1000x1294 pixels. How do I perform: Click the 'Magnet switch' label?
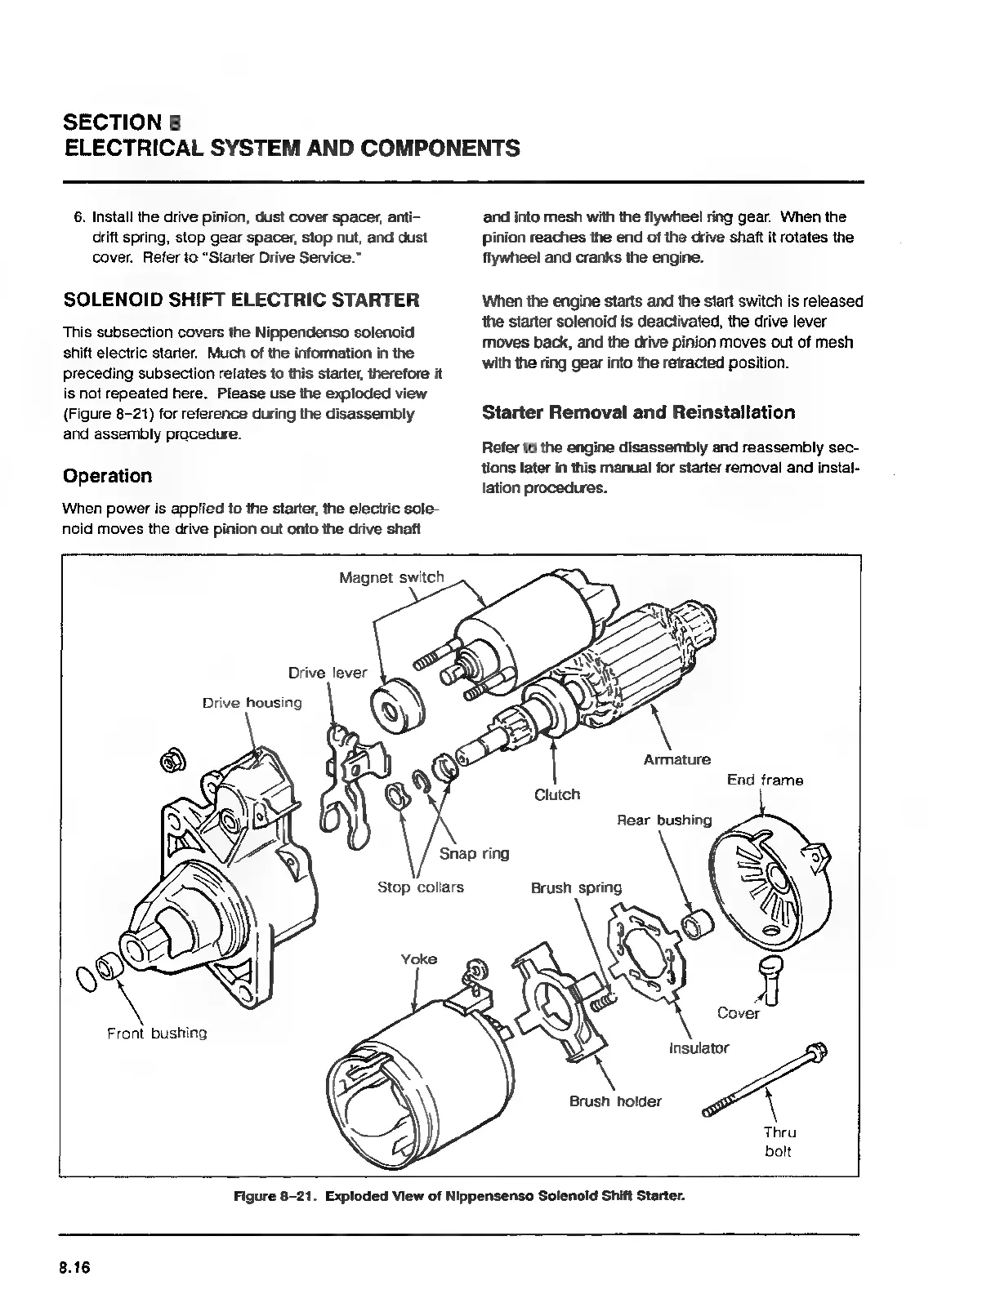pos(391,578)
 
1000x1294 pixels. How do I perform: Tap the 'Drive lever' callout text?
pos(328,674)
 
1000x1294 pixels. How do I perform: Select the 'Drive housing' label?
pos(252,703)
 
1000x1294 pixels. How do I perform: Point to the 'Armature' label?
pos(676,760)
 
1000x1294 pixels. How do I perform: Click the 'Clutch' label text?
pos(556,794)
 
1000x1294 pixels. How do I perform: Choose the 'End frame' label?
pos(765,780)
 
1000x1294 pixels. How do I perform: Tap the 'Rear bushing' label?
pos(663,820)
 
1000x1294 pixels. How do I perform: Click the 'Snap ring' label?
pos(474,854)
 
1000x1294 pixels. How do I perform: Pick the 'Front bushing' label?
pos(157,1034)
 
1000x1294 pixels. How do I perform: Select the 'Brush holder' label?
pos(615,1101)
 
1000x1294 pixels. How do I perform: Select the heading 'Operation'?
pos(107,476)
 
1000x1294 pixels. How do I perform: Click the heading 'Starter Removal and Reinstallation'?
pos(638,412)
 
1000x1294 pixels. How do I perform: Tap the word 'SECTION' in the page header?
pos(113,122)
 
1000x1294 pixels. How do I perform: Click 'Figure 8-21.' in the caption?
pos(276,1196)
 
